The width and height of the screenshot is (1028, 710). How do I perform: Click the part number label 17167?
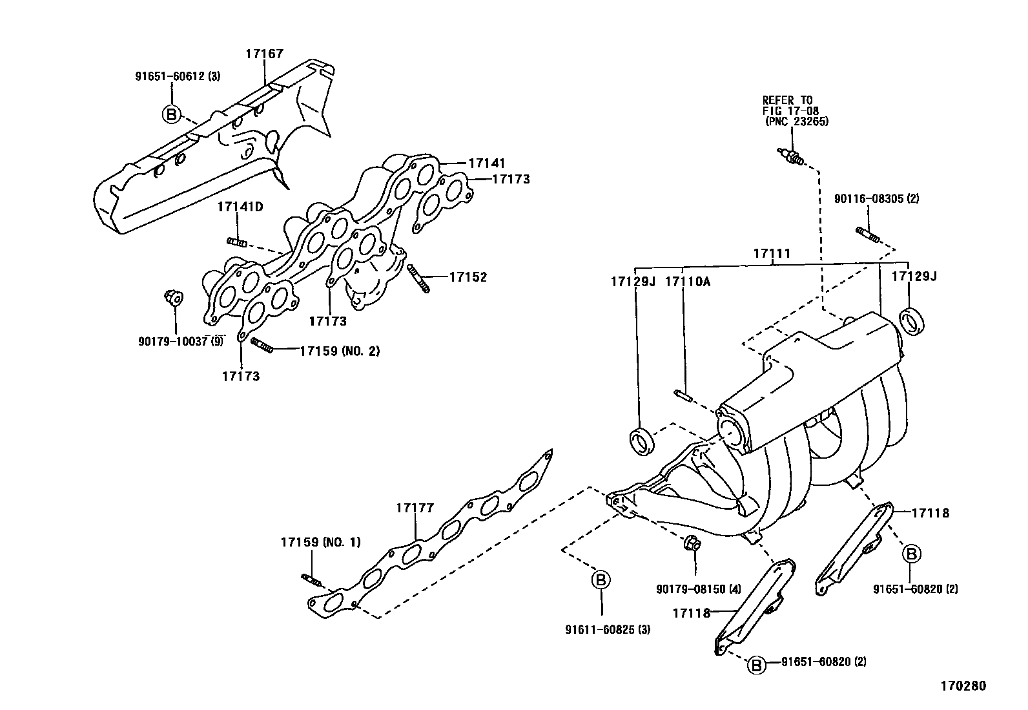pyautogui.click(x=264, y=54)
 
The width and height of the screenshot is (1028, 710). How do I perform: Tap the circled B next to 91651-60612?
pyautogui.click(x=170, y=114)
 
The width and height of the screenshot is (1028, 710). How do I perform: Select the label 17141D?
pyautogui.click(x=240, y=207)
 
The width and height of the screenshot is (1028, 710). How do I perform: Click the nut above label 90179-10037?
pyautogui.click(x=172, y=298)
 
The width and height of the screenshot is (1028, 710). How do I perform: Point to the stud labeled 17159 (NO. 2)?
pyautogui.click(x=263, y=346)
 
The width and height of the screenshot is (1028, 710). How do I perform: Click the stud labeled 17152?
pyautogui.click(x=418, y=279)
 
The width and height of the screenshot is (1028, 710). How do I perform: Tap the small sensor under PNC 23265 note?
pyautogui.click(x=791, y=156)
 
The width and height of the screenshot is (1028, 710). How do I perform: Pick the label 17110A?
pyautogui.click(x=687, y=282)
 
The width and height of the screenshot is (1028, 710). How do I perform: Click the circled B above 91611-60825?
pyautogui.click(x=601, y=579)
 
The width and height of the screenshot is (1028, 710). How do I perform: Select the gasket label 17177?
pyautogui.click(x=415, y=508)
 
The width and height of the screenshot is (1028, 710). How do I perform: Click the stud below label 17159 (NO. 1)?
pyautogui.click(x=311, y=580)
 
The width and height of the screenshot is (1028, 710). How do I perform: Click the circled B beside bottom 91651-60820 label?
pyautogui.click(x=757, y=664)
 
